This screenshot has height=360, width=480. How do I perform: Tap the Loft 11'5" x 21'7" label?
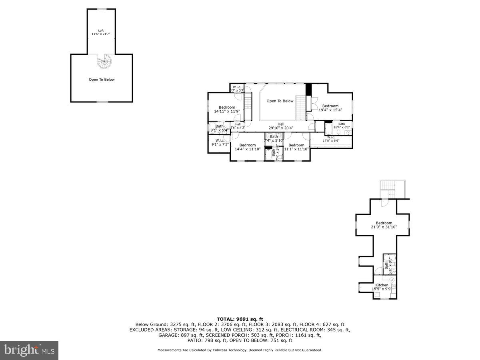(x=101, y=32)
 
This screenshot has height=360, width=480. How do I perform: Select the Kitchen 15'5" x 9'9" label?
(x=382, y=287)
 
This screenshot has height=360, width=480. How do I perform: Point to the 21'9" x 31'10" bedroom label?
(x=384, y=225)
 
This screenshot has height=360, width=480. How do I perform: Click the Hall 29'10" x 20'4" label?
(x=281, y=126)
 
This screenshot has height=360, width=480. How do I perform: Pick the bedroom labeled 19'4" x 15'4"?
(x=330, y=108)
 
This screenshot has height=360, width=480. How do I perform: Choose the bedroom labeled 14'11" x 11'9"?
(x=227, y=109)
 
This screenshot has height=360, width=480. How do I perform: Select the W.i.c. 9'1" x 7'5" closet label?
(x=220, y=142)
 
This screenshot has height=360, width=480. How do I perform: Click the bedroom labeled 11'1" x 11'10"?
(x=296, y=147)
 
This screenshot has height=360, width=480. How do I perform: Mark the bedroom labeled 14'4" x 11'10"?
(x=247, y=147)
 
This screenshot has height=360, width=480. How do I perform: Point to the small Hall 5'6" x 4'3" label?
(x=238, y=126)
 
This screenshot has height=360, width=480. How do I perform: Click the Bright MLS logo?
(x=29, y=350)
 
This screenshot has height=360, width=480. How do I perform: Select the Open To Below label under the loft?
(x=102, y=80)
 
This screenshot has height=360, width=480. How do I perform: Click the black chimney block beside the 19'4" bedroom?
(x=308, y=90)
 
